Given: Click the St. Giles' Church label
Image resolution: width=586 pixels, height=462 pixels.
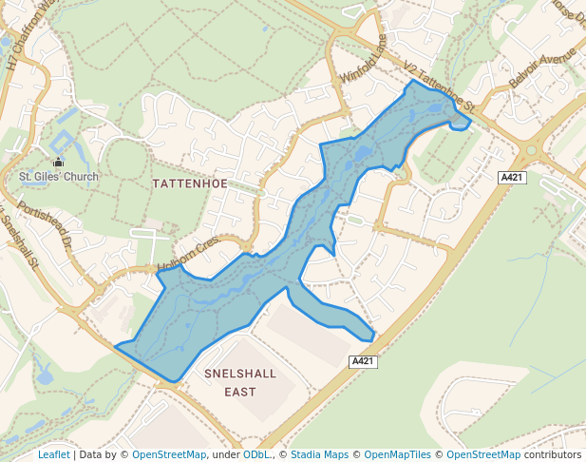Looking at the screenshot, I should point(59,176).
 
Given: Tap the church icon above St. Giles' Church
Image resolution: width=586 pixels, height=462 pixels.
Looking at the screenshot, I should point(59,163).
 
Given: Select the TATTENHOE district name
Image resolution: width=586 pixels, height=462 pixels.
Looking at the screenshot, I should point(190,183).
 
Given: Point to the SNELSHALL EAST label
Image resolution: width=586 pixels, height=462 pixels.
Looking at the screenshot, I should point(240,382).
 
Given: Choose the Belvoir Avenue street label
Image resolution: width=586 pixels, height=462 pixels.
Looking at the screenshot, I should point(537,67).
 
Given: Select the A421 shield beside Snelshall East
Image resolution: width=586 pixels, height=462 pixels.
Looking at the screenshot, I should point(364,361).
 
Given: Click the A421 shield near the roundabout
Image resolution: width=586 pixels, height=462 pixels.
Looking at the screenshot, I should point(513,178).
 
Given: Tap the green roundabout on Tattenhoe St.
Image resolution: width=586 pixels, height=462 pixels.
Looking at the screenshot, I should point(531,149).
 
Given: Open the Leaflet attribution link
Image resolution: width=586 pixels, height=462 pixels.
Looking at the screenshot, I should point(53,454).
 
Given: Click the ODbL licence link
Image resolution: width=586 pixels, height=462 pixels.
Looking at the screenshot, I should point(256,454).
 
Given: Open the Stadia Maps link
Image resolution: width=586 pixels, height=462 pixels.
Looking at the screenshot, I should point(319,454).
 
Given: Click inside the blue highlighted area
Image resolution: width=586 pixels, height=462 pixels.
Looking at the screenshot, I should point(218,304).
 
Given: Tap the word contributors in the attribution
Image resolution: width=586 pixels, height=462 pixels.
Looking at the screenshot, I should point(552,454).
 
